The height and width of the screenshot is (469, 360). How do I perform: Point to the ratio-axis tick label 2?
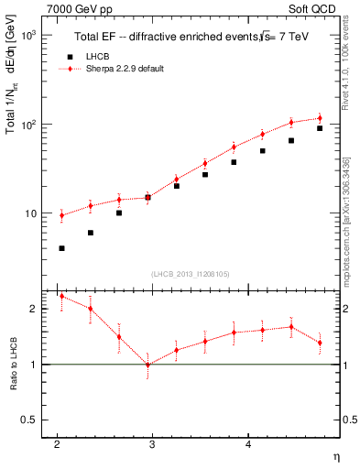[x=32, y=309]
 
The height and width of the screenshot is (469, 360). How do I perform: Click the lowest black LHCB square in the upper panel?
[x=61, y=248]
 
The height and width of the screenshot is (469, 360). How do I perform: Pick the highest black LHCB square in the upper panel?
[x=320, y=128]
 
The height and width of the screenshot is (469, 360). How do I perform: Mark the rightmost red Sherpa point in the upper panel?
[x=320, y=118]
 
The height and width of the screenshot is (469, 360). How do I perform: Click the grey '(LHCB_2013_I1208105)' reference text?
[x=191, y=272]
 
